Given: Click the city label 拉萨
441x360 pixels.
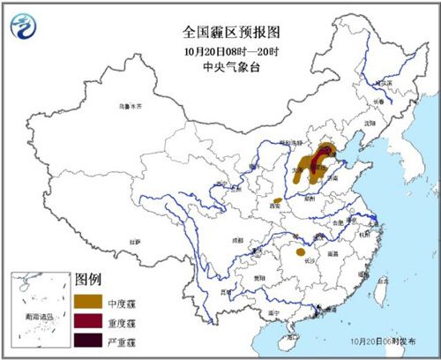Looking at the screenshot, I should pos(135,240).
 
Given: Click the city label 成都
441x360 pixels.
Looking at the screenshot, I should pos(237,238).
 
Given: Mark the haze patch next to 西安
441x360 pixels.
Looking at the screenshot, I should pos(278,201).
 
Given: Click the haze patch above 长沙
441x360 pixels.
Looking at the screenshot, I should pos(299,237).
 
